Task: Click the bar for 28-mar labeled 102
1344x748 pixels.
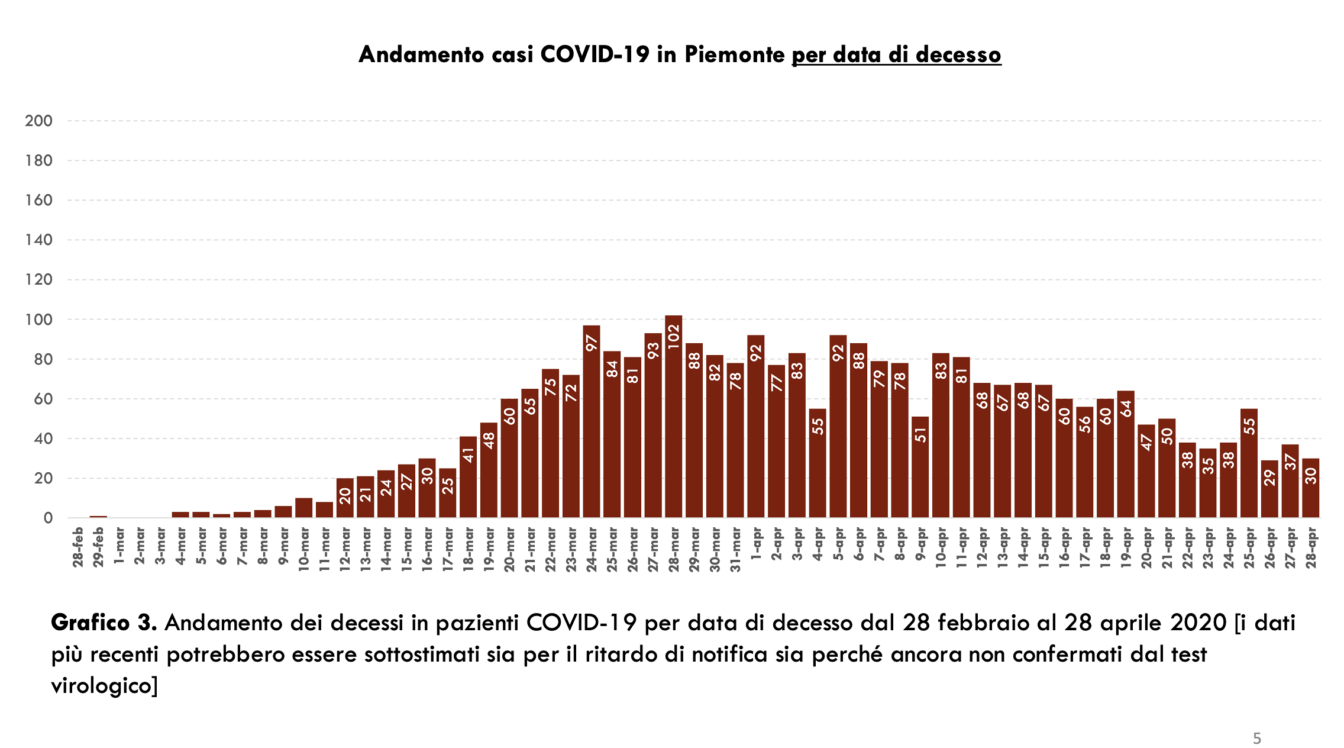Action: (x=673, y=417)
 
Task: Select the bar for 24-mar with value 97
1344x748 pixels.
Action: (x=591, y=421)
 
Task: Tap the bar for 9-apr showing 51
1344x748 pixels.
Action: (x=920, y=468)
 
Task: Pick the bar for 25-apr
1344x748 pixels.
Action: (x=1249, y=463)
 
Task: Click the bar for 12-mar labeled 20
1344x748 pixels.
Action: (x=345, y=498)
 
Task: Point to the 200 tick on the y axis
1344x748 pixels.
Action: (x=39, y=121)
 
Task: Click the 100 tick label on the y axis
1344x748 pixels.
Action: (x=39, y=320)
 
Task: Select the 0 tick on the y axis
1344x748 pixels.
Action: (x=48, y=518)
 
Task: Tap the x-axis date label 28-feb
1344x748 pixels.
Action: (x=78, y=547)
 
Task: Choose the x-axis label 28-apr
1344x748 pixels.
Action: (x=1311, y=547)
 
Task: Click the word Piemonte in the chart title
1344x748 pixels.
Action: (x=735, y=54)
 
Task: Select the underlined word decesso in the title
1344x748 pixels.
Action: (x=958, y=54)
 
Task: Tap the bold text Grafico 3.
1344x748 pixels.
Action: (x=104, y=623)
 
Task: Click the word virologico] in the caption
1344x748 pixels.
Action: (x=105, y=685)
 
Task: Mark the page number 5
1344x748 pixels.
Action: (x=1256, y=739)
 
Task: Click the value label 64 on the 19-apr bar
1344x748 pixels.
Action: (x=1126, y=408)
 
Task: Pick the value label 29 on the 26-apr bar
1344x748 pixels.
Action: (x=1269, y=478)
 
